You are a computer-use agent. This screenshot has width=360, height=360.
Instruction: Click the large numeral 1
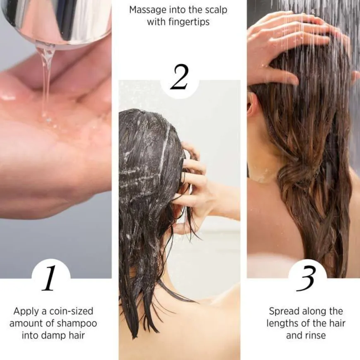pyautogui.click(x=50, y=278)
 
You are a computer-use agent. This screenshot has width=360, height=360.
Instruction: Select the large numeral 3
pyautogui.click(x=307, y=278)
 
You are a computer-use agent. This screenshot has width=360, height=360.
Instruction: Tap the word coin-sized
pyautogui.click(x=67, y=311)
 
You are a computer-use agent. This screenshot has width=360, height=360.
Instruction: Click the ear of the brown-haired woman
pyautogui.click(x=251, y=106)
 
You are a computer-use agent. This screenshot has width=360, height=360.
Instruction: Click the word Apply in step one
pyautogui.click(x=26, y=311)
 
